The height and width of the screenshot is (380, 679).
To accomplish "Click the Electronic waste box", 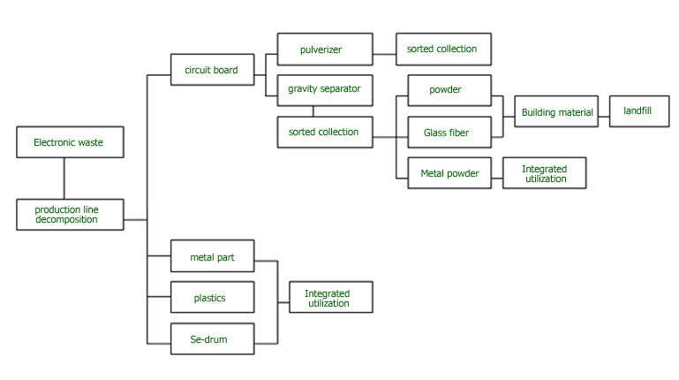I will click(x=70, y=142).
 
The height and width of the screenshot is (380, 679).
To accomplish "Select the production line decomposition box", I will click(x=70, y=215).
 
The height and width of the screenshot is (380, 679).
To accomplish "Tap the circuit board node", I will click(x=212, y=70).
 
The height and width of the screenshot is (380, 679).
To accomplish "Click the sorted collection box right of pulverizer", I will click(x=441, y=49).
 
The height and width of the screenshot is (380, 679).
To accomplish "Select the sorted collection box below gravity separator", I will click(x=323, y=132).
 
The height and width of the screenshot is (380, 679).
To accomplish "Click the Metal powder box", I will click(x=449, y=173).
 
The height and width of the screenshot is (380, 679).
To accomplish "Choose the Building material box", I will click(x=555, y=112).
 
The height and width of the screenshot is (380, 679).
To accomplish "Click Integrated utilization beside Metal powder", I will click(x=544, y=173).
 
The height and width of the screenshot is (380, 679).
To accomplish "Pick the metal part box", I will click(x=212, y=257).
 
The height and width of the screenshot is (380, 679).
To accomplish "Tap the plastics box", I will click(x=212, y=298).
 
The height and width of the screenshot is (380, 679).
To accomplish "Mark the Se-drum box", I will click(x=212, y=339).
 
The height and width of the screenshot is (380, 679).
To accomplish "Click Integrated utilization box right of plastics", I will click(x=330, y=298).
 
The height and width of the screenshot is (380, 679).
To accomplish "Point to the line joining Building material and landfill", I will click(x=602, y=112).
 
